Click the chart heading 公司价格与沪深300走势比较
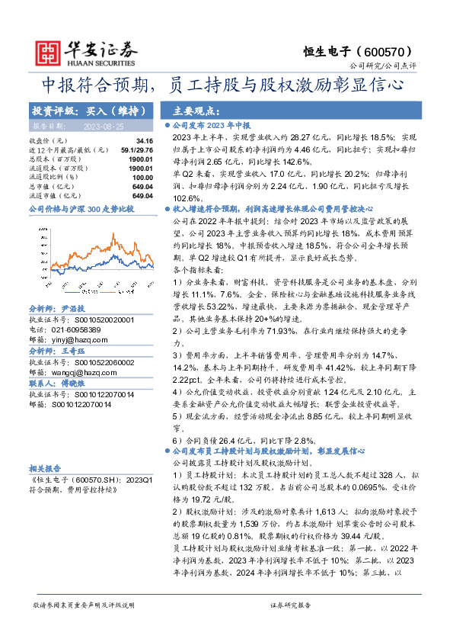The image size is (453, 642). pyautogui.click(x=81, y=208)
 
